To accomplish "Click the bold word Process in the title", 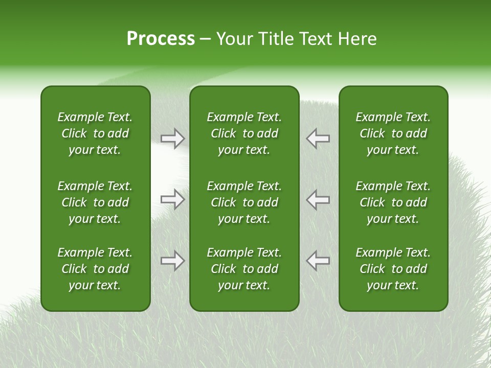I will pos(161,39).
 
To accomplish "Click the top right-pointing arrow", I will pos(172,139).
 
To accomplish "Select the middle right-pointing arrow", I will pos(172,199).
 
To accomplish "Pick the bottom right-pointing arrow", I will pos(172,261).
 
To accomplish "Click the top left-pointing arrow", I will pos(318,139).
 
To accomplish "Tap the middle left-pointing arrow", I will pos(318,199).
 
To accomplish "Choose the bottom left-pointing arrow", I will pos(318,261).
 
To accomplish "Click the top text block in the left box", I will pos(95,133).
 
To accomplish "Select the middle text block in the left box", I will pos(95,202).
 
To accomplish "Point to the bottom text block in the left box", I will pos(95,269).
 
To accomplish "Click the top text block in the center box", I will pos(244,133).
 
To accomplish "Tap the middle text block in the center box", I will pos(244,202).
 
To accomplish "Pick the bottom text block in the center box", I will pos(244,269).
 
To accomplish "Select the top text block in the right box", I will pos(393,133).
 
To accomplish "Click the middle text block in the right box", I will pos(393,202).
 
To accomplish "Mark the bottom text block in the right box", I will pos(393,269).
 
